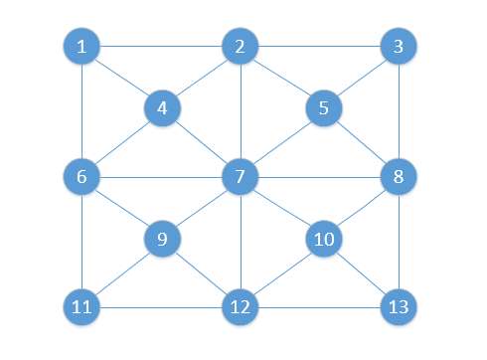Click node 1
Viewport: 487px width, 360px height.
pyautogui.click(x=81, y=47)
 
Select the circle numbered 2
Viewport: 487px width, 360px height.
pyautogui.click(x=241, y=47)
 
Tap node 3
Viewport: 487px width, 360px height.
pyautogui.click(x=399, y=47)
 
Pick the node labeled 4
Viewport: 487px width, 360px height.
pyautogui.click(x=161, y=107)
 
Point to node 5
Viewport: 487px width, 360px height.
pyautogui.click(x=322, y=107)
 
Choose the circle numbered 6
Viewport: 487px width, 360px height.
pyautogui.click(x=81, y=178)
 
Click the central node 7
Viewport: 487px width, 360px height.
pyautogui.click(x=241, y=178)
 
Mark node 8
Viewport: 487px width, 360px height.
pyautogui.click(x=399, y=178)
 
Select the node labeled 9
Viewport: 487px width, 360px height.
pyautogui.click(x=161, y=240)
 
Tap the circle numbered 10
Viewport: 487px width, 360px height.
pyautogui.click(x=322, y=240)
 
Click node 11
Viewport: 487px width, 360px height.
pyautogui.click(x=81, y=306)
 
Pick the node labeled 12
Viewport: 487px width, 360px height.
pyautogui.click(x=241, y=306)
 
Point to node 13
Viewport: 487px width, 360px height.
pyautogui.click(x=399, y=306)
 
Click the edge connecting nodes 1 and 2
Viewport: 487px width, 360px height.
pyautogui.click(x=159, y=47)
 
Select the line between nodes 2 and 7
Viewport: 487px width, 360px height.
pyautogui.click(x=241, y=111)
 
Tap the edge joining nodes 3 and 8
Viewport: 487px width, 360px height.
pyautogui.click(x=399, y=111)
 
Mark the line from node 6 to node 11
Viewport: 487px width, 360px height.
pyautogui.click(x=81, y=242)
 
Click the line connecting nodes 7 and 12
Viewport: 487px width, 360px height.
pyautogui.click(x=241, y=242)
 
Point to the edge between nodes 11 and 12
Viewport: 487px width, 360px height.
pyautogui.click(x=159, y=306)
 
